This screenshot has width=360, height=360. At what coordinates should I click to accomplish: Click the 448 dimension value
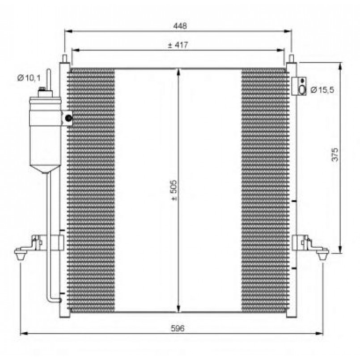(x=180, y=26)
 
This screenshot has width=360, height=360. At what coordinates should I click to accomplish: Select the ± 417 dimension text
(x=178, y=45)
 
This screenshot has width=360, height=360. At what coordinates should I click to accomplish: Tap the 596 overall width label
(x=178, y=328)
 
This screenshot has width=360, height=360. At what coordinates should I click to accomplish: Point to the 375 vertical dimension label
(x=335, y=155)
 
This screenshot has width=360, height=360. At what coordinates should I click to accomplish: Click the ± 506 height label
(x=174, y=190)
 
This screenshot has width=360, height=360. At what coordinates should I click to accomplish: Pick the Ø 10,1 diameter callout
(x=29, y=78)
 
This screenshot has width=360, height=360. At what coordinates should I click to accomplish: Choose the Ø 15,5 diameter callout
(x=322, y=90)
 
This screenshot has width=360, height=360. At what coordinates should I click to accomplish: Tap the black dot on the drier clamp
(x=68, y=118)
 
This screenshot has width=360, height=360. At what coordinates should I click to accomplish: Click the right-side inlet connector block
(x=299, y=86)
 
